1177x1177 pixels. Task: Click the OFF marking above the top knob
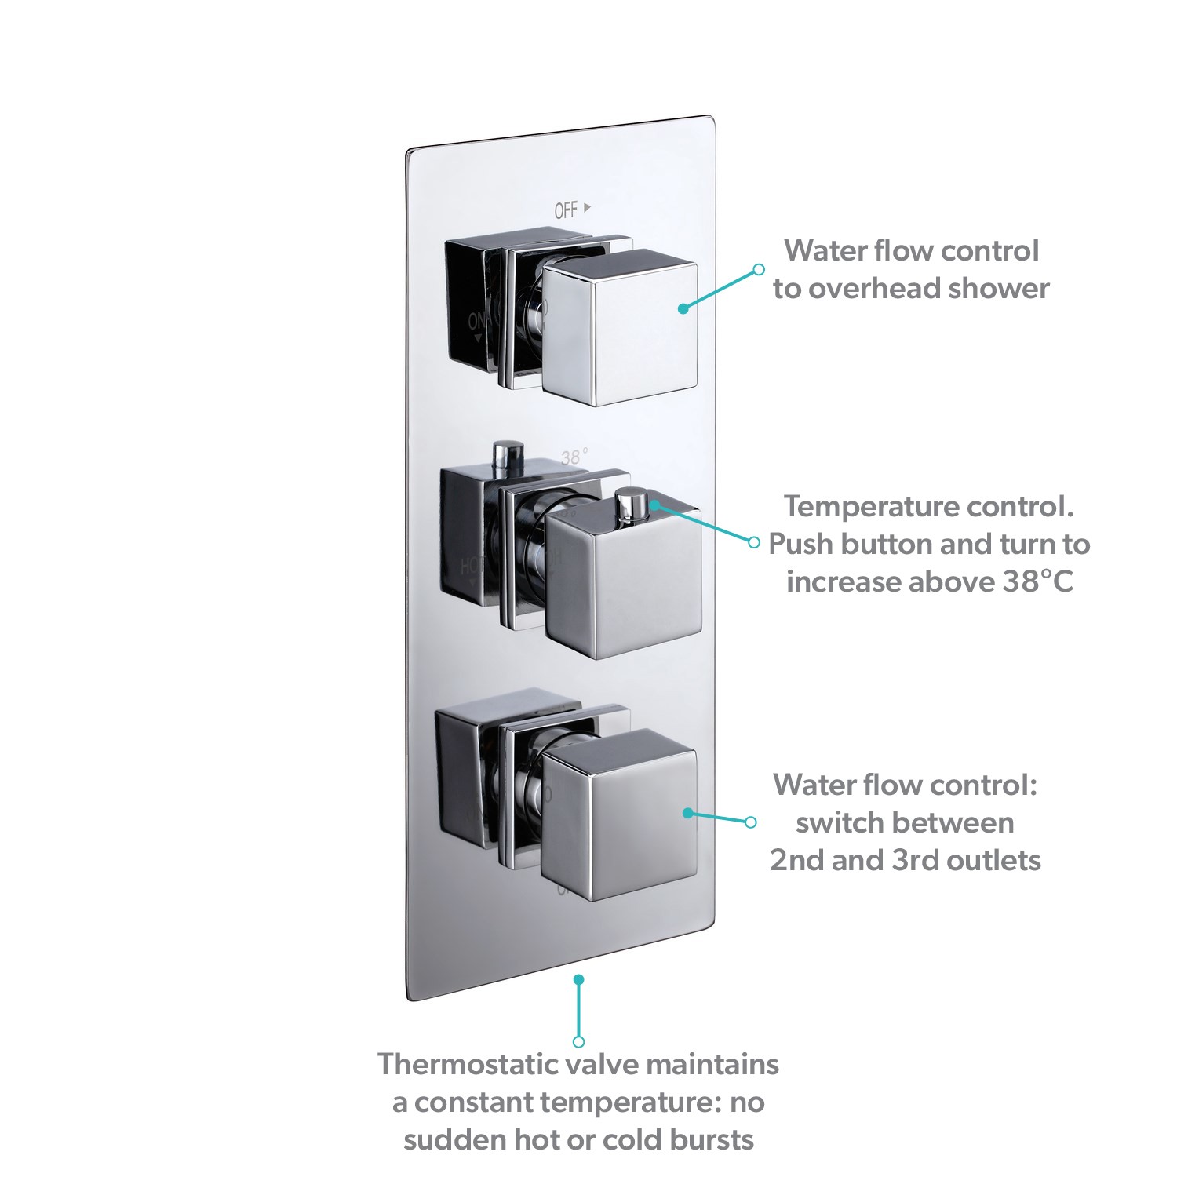[567, 210]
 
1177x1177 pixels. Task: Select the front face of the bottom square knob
[620, 816]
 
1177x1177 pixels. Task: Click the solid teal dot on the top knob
[683, 308]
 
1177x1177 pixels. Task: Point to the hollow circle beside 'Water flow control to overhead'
[758, 269]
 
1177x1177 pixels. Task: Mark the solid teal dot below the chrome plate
[578, 979]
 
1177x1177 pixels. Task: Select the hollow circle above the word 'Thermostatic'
[578, 1041]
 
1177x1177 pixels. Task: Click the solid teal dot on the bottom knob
[687, 813]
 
